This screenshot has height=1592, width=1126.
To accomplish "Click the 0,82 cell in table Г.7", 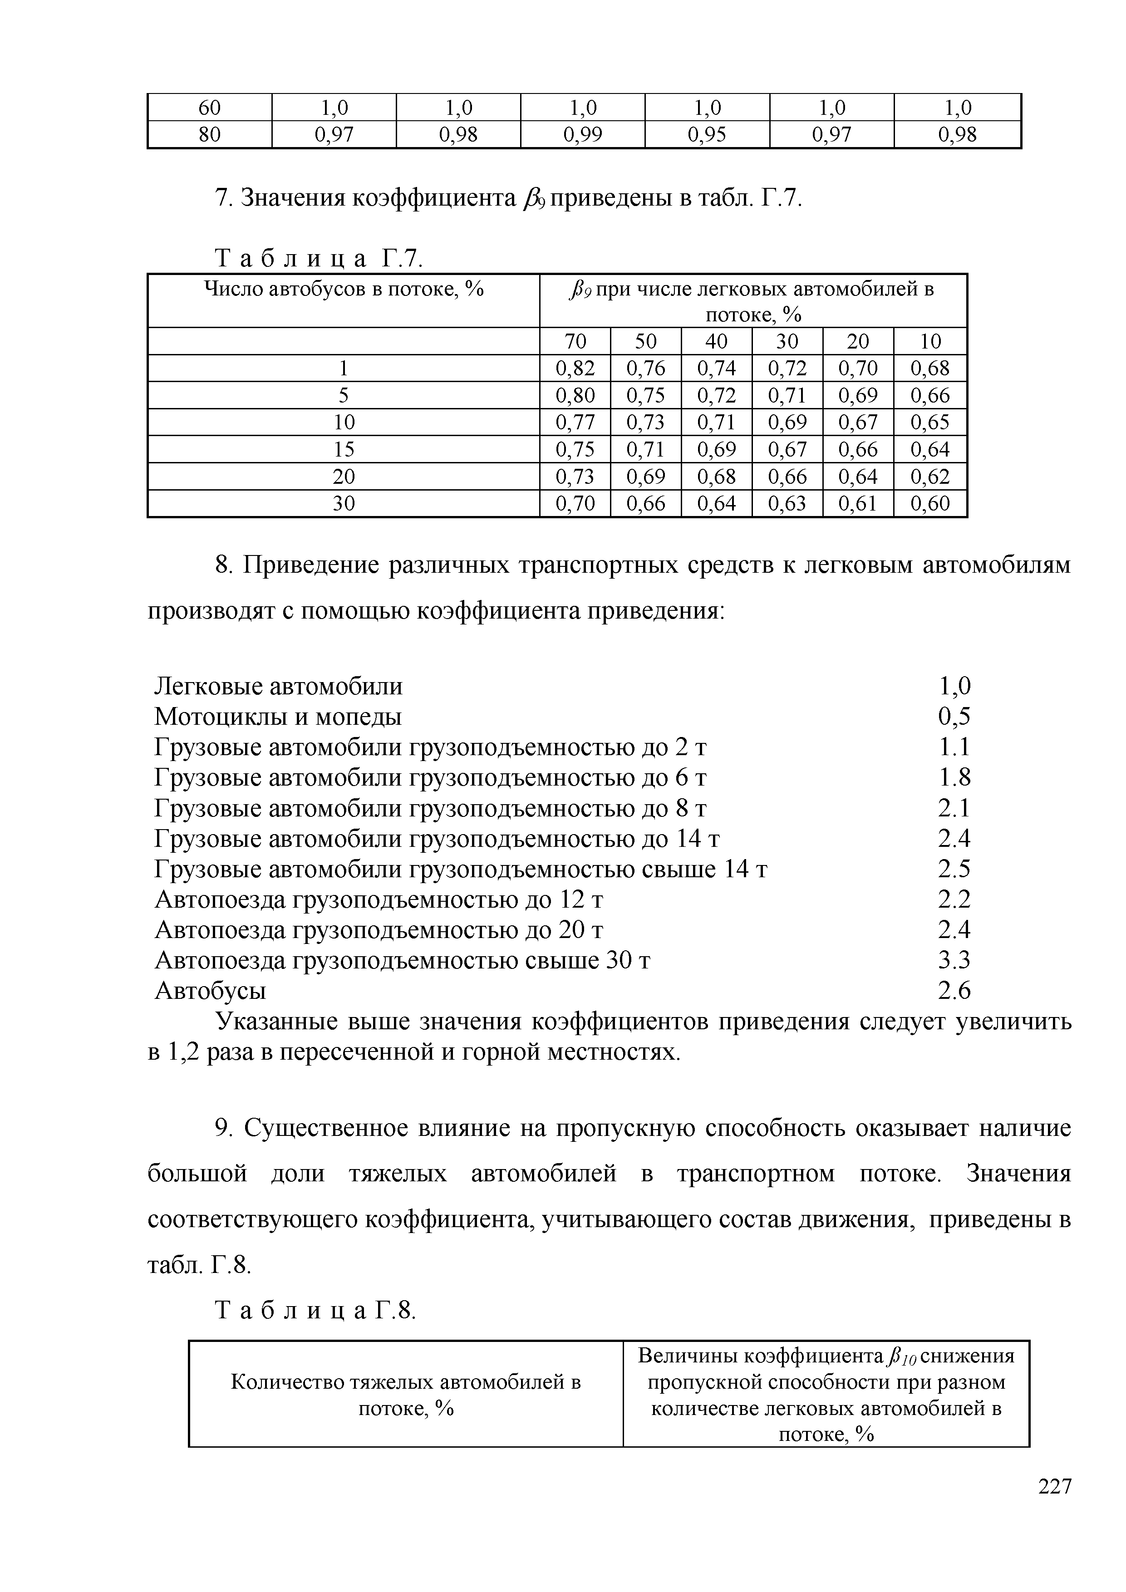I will tap(575, 368).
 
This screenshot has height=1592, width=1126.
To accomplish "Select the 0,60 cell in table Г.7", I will tap(930, 503).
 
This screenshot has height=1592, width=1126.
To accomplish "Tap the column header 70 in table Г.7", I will tap(575, 341).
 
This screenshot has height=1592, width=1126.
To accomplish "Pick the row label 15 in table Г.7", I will tap(344, 449).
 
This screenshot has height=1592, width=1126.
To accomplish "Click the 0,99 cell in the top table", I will tap(582, 134).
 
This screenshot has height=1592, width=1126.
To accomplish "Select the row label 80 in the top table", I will tap(209, 134).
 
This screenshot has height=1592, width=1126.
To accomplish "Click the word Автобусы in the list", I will tap(210, 991).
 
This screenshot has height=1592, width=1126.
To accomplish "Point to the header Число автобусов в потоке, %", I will tap(344, 289).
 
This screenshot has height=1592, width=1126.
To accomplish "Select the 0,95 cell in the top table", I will tap(707, 134).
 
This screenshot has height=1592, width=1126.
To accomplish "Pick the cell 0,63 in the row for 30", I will tap(787, 503).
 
